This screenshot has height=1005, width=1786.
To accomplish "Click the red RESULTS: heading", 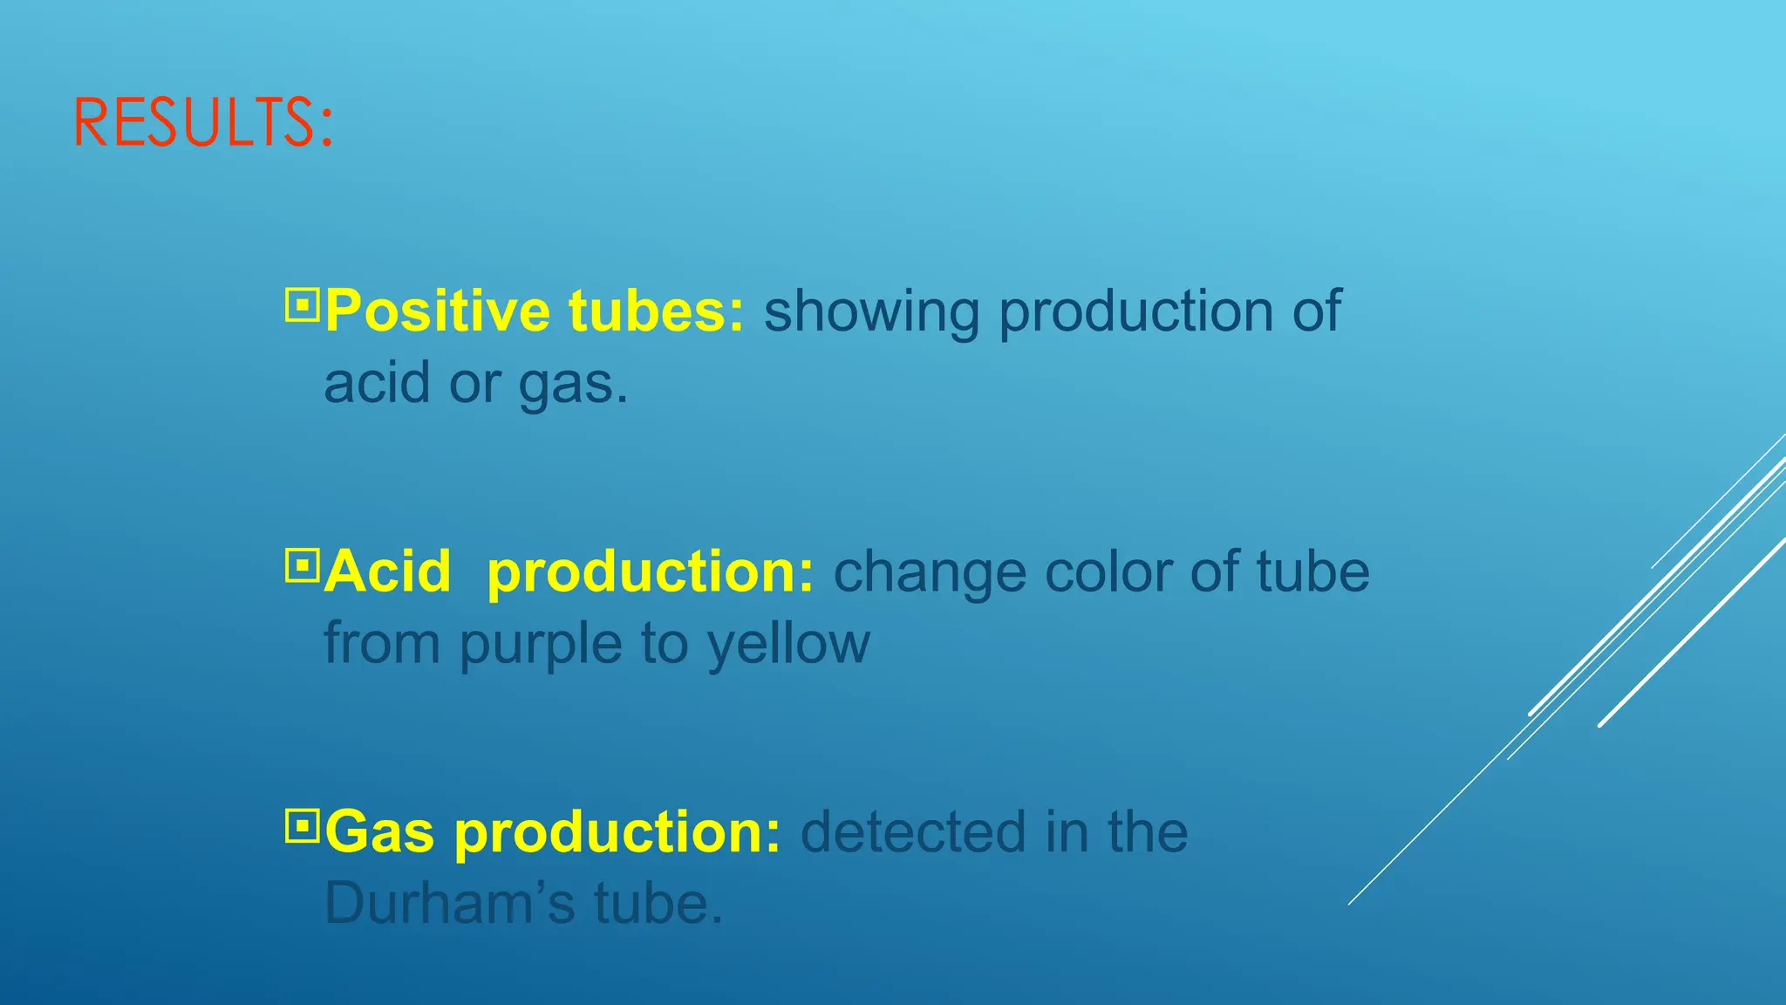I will pos(203,123).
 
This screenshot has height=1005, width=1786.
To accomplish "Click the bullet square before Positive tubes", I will pos(303,305).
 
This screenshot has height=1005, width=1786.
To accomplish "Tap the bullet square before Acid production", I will pos(303,566).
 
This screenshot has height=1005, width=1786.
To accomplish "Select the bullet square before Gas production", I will pos(303,826).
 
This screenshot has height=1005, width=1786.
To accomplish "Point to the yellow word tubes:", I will pos(657,311).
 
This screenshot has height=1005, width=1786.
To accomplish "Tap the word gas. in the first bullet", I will pos(573,385).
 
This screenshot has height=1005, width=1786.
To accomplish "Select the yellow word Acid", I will pos(388,572).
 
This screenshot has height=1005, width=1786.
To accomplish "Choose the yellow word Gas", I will pos(380,832).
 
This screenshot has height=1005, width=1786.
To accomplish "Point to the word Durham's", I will pos(450,904).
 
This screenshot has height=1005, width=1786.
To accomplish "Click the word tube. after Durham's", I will pos(659,904).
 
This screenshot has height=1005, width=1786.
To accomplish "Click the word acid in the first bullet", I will pos(378,384).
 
